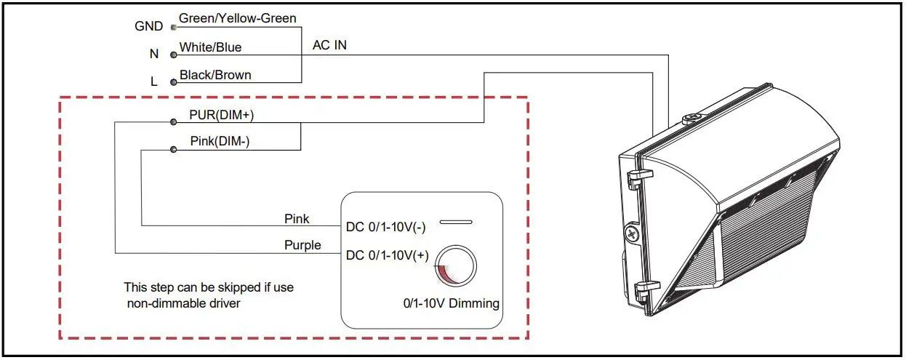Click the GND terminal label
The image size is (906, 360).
tap(148, 26)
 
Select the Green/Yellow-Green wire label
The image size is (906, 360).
tap(238, 18)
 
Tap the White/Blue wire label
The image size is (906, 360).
tap(210, 47)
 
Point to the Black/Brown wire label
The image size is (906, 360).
tap(215, 75)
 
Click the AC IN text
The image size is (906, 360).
tap(329, 45)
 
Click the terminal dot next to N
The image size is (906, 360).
tap(174, 55)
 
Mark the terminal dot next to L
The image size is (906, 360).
tap(174, 82)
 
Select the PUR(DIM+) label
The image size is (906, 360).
tap(221, 115)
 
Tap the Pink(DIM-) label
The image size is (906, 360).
tap(220, 141)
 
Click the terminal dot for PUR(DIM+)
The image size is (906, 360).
tap(174, 121)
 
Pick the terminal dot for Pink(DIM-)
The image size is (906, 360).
tap(174, 150)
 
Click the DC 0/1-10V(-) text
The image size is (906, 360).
tap(386, 228)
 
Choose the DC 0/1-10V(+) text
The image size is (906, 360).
tap(388, 255)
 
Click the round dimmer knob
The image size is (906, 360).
tap(456, 265)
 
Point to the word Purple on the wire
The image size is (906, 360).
tap(302, 245)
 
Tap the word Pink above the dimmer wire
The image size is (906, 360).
tap(297, 219)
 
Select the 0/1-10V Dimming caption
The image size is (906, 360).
tap(452, 303)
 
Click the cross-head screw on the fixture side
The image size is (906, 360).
tap(631, 233)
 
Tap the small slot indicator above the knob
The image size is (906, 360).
tap(456, 222)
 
